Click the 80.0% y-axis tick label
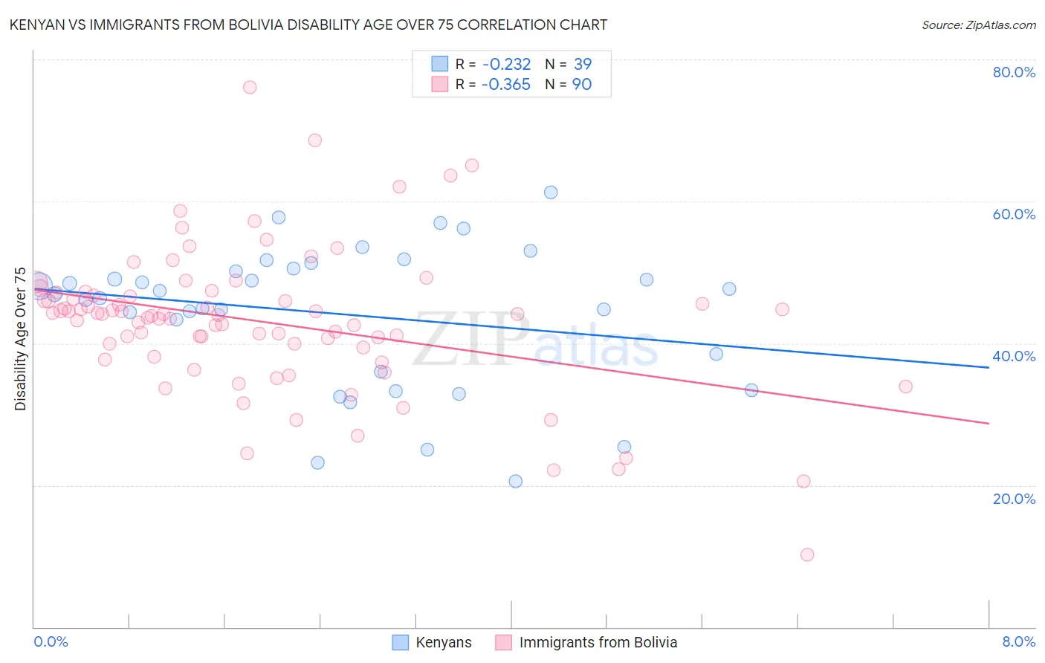point(1014,72)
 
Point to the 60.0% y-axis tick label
point(1014,214)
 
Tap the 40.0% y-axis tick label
point(1014,356)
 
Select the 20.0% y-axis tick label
point(1014,498)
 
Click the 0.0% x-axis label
point(51,641)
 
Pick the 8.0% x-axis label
point(1018,641)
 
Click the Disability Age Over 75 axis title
point(20,339)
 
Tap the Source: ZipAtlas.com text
point(978,25)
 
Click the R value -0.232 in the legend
point(505,64)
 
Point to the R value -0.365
point(505,85)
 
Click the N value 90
point(582,85)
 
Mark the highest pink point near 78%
point(250,87)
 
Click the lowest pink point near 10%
point(807,554)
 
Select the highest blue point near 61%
point(551,193)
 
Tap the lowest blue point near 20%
point(516,481)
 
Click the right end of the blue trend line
point(989,367)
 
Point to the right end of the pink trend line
point(989,423)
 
